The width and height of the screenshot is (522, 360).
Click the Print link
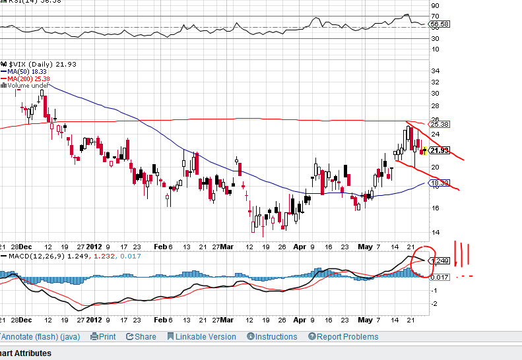click(x=103, y=336)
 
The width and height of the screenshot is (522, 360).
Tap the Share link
click(x=141, y=336)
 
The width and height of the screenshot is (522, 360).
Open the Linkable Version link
click(x=201, y=336)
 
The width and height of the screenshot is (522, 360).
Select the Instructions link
click(x=272, y=336)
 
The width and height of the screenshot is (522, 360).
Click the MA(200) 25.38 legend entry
click(x=27, y=78)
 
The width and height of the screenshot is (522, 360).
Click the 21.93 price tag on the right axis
click(x=439, y=150)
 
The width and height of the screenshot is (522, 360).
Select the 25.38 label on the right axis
click(x=439, y=124)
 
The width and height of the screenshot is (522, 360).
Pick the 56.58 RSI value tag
click(x=439, y=24)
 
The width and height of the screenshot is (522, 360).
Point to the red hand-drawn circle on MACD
click(x=421, y=260)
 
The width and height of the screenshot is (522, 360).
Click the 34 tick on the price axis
click(x=435, y=71)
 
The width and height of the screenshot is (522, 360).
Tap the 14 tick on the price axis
click(x=435, y=232)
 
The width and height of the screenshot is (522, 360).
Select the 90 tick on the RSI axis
click(x=435, y=5)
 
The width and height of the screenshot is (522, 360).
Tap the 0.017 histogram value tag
click(x=439, y=276)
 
